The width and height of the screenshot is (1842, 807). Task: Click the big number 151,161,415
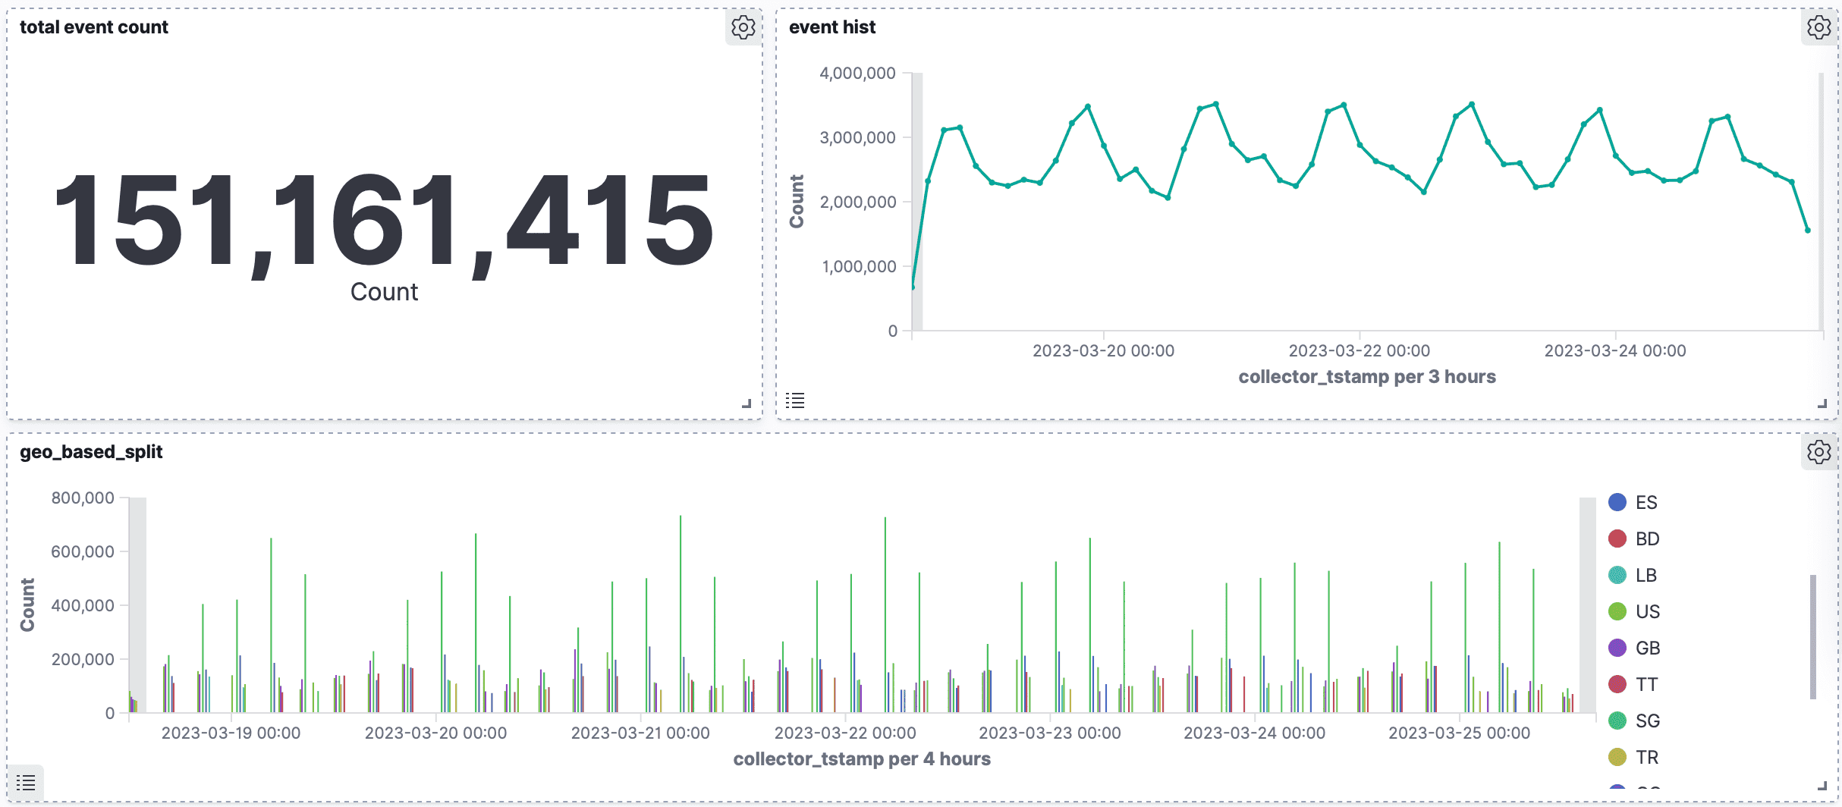click(384, 220)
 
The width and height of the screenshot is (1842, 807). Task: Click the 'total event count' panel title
click(94, 27)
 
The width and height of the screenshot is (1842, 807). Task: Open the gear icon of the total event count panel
click(743, 27)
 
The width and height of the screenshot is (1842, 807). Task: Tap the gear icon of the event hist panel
click(1818, 27)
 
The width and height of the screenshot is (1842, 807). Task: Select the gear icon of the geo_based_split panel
click(1818, 452)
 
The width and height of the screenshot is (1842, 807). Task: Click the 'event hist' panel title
click(831, 27)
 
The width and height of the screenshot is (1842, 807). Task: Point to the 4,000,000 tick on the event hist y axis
click(857, 74)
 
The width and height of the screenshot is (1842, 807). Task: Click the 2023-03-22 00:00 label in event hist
click(1359, 350)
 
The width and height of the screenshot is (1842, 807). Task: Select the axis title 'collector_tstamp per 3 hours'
click(1366, 377)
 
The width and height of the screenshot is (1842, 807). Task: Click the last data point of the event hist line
click(1808, 231)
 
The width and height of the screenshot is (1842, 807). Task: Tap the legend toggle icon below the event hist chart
click(795, 400)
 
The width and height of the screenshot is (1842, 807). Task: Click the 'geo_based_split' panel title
click(91, 452)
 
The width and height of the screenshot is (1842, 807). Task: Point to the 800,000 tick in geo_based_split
click(83, 498)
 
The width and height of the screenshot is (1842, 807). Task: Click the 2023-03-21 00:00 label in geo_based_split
click(640, 733)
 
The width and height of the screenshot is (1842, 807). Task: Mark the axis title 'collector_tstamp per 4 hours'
click(862, 759)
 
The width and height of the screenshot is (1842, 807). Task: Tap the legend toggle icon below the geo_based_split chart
click(26, 783)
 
